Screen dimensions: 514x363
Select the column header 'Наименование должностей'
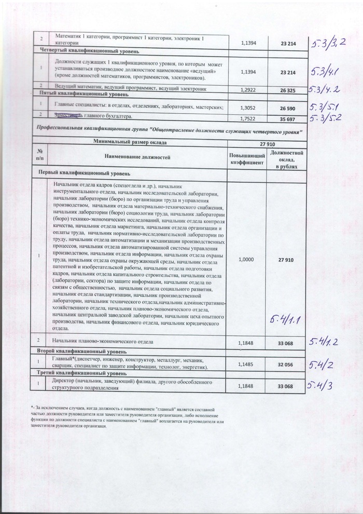[137, 156]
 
